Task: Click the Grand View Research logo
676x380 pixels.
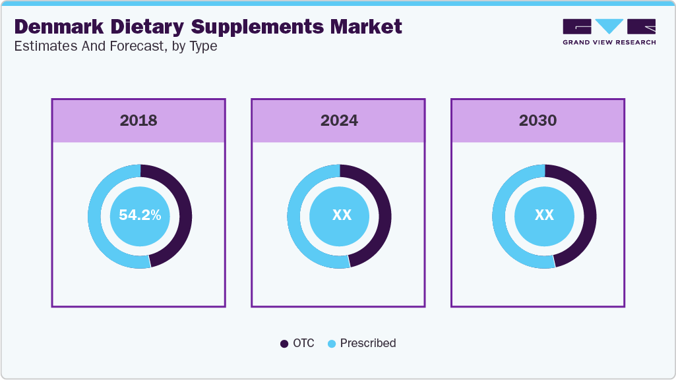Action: click(609, 32)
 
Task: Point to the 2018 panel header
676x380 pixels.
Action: click(138, 121)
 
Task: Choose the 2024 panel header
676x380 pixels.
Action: click(338, 121)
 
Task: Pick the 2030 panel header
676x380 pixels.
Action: click(538, 121)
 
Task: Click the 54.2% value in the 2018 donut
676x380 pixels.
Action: click(140, 215)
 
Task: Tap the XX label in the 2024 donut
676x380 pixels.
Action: click(341, 215)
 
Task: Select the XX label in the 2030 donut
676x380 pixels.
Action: click(543, 215)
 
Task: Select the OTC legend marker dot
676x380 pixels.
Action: click(284, 344)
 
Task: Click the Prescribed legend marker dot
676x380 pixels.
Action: click(332, 344)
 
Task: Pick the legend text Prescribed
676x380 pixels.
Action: click(367, 343)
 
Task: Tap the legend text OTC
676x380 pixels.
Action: click(303, 343)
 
